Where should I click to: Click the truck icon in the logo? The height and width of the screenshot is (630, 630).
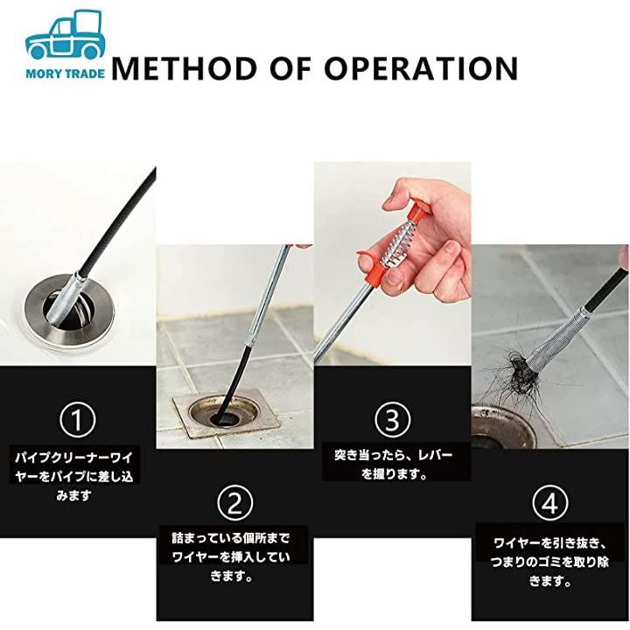tap(65, 35)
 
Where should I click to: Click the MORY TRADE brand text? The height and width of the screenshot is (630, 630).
tap(65, 73)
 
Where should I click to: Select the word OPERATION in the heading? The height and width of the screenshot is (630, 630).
tap(421, 68)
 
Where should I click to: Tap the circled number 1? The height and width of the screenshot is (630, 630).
tap(78, 420)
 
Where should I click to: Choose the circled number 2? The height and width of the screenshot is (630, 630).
tap(235, 503)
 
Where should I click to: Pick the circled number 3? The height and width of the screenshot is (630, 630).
tap(393, 419)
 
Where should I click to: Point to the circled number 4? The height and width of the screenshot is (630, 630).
tap(550, 503)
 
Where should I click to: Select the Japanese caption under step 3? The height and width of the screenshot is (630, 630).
tap(394, 465)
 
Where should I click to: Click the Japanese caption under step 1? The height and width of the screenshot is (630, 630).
tap(73, 476)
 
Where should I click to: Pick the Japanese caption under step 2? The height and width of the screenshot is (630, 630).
tap(231, 556)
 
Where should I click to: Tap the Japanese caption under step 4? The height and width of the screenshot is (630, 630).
tap(549, 562)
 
